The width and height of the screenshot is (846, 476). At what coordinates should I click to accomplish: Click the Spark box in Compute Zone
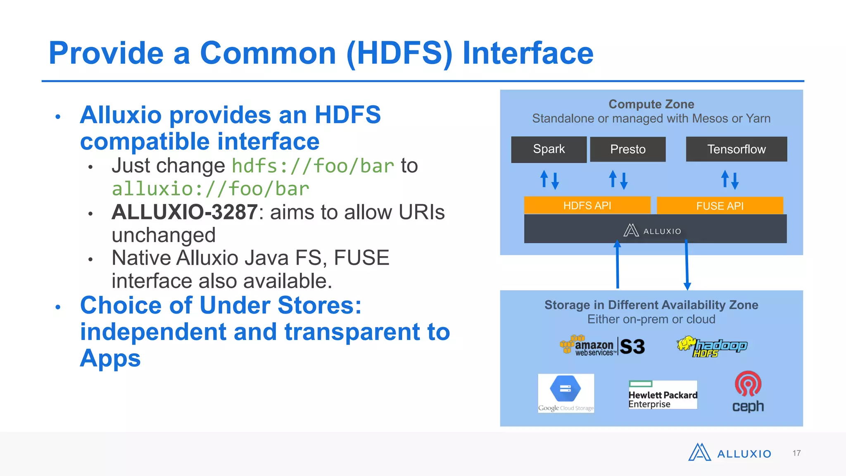(x=549, y=149)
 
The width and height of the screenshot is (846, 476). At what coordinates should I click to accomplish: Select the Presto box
(x=627, y=149)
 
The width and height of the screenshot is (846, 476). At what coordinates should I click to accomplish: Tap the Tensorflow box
(x=736, y=149)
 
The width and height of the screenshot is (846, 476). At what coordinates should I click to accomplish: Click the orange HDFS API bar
(x=587, y=205)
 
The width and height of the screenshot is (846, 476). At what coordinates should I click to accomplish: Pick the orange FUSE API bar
(x=720, y=206)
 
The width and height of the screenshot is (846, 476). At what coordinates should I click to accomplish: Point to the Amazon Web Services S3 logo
(x=602, y=346)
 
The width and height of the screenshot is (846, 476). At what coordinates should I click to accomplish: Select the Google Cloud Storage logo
(x=566, y=393)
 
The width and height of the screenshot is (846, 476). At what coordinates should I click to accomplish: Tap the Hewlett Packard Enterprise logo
(x=663, y=395)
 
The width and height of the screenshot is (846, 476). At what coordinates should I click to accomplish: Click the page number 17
(x=796, y=453)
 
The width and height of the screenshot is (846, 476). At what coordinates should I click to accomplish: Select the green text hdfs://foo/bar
(x=313, y=166)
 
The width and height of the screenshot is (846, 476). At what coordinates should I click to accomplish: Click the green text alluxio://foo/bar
(x=210, y=189)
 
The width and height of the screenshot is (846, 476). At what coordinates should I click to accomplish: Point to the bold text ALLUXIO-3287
(x=185, y=212)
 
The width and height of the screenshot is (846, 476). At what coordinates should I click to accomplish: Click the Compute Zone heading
(x=651, y=104)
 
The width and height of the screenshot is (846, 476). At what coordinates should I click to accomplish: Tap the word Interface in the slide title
(x=528, y=53)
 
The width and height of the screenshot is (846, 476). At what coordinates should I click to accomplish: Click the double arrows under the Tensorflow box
(x=730, y=180)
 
